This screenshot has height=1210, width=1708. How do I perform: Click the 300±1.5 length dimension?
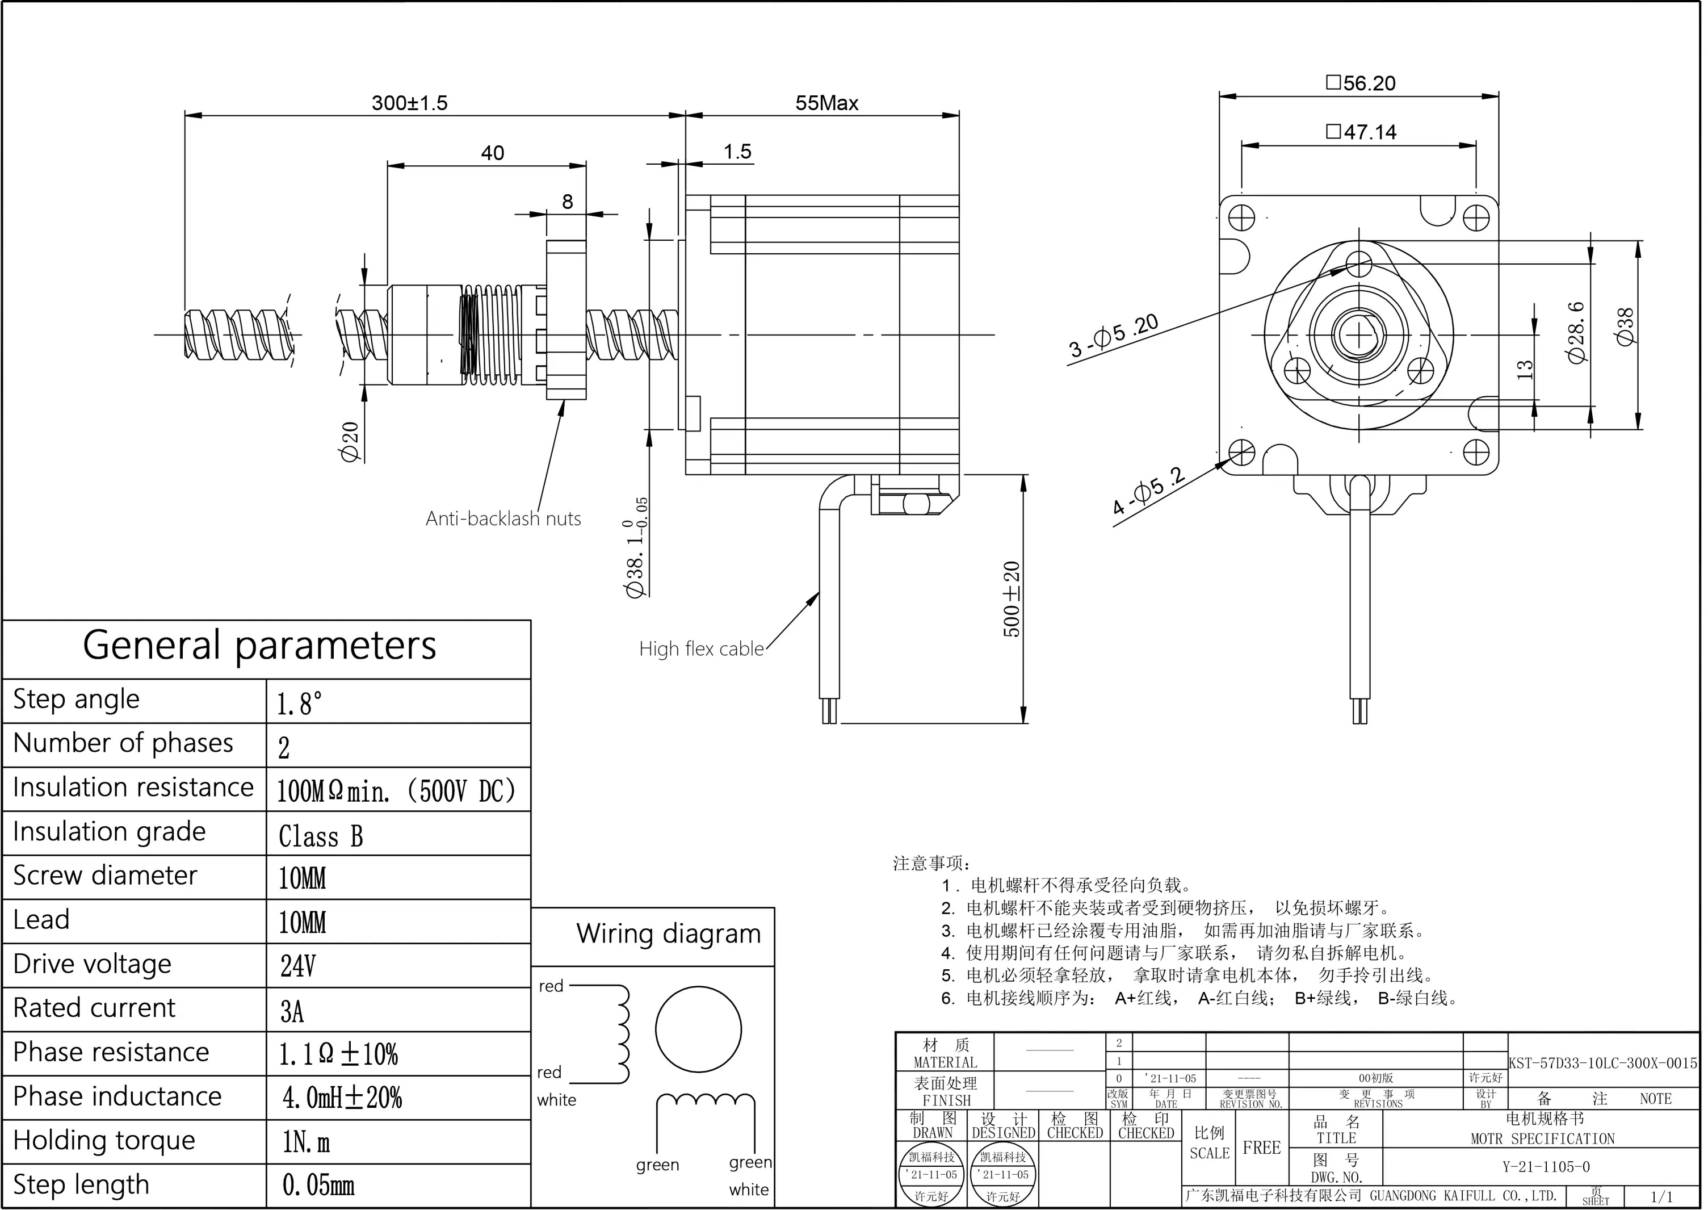coord(410,103)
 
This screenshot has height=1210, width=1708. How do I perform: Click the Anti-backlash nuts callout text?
coord(503,518)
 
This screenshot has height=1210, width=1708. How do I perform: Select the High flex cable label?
coord(701,648)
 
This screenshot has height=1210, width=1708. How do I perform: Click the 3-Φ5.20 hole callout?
coord(1114,336)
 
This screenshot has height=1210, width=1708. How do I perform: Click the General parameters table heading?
coord(259,645)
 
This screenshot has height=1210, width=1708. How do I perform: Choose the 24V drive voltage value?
coord(297,966)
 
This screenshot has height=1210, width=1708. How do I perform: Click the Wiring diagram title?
coord(668,933)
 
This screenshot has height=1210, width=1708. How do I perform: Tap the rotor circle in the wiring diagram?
coord(698,1029)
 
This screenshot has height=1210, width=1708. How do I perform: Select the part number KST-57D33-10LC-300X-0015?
coord(1602,1063)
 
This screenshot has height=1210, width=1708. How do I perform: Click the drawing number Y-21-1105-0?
coord(1545,1167)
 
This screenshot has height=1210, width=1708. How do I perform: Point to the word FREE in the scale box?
coord(1261,1148)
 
